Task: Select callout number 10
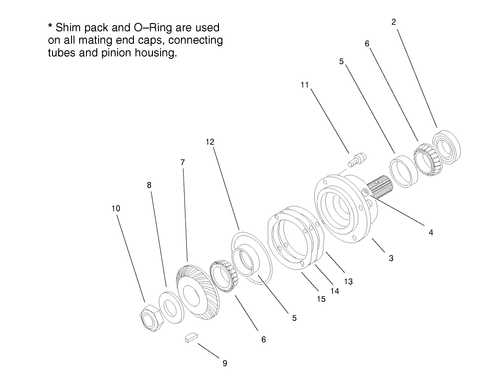[x=116, y=209]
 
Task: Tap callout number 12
[x=210, y=142]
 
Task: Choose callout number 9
[x=224, y=363]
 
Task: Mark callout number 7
[x=183, y=162]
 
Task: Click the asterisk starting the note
[x=50, y=30]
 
